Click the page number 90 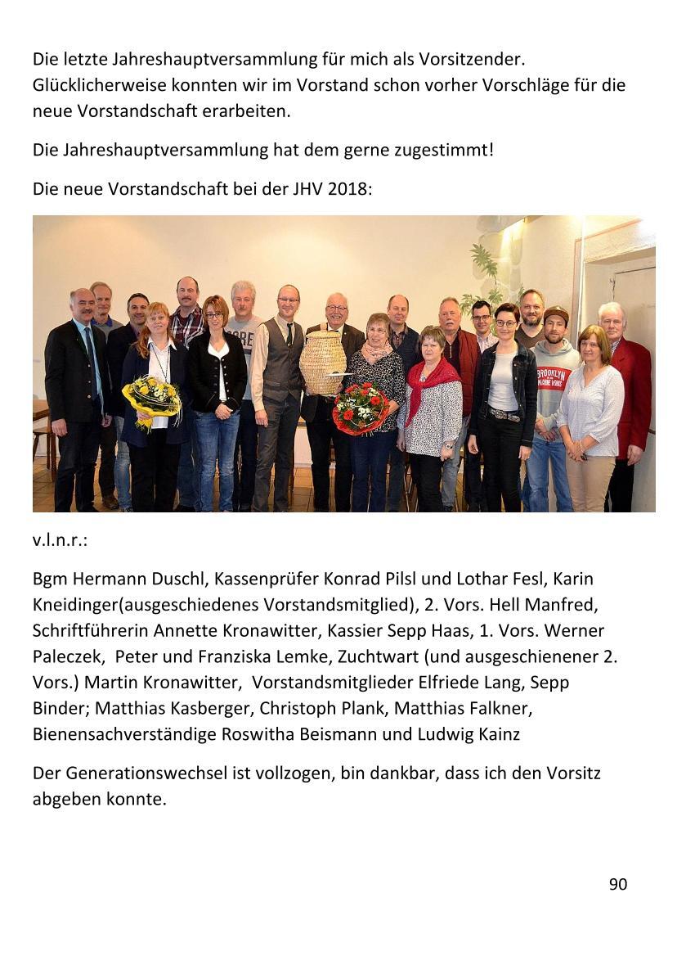(x=617, y=884)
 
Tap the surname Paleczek (x=69, y=657)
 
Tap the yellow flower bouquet (x=152, y=399)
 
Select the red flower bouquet (x=360, y=407)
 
